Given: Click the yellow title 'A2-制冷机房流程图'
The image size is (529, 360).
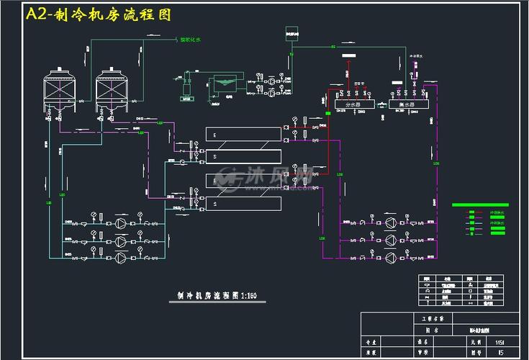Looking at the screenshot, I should (x=99, y=15).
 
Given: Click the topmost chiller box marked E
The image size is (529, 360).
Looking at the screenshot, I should (x=243, y=133).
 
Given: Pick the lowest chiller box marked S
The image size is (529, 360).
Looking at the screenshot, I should (x=243, y=204).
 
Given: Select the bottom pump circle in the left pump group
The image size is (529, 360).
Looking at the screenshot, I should (x=121, y=257).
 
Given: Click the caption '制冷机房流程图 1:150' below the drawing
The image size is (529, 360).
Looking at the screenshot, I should (x=217, y=294).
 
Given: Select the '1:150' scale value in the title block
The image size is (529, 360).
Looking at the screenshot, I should (x=500, y=342).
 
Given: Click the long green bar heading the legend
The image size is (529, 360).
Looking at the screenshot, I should (x=480, y=205).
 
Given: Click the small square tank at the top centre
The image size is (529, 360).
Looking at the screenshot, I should (x=292, y=32).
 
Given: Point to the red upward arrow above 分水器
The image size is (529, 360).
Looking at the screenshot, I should (x=349, y=67).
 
